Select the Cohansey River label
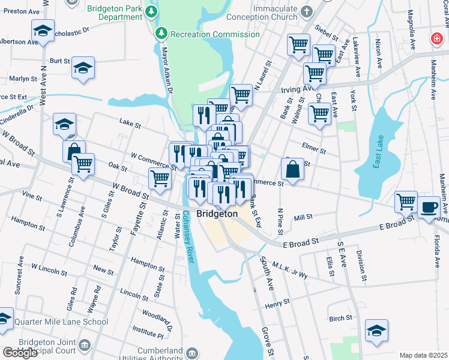tap(190, 237)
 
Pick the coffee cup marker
tap(429, 207)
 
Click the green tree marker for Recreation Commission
tap(160, 32)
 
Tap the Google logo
tap(20, 352)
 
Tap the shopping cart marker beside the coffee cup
tap(406, 202)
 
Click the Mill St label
tap(304, 218)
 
